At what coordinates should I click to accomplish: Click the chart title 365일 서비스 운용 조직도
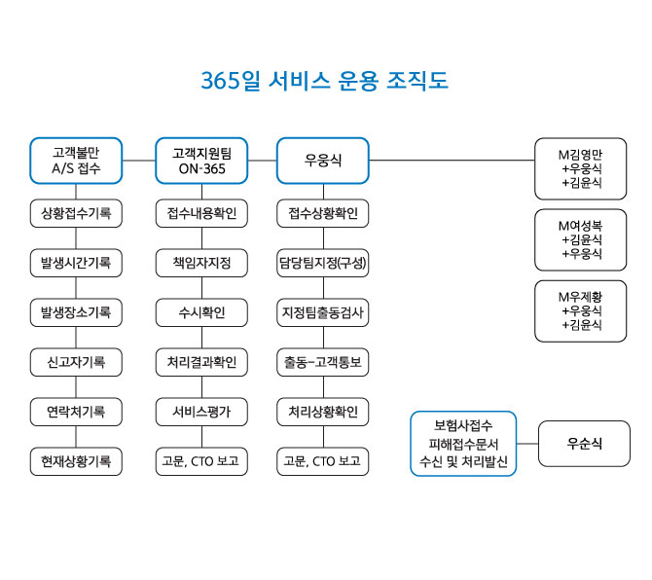(325, 80)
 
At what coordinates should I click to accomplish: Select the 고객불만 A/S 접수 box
(76, 161)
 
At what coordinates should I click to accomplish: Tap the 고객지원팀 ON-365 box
(201, 161)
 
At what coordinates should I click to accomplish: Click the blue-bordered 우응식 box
(323, 161)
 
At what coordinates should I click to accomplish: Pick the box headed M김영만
(581, 168)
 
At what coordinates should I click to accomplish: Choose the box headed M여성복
(581, 239)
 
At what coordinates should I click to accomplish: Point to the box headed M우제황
(581, 310)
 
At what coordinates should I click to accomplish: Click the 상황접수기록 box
(76, 213)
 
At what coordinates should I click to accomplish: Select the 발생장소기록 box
(76, 312)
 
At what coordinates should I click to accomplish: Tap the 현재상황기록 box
(76, 460)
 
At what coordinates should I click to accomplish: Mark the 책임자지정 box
(201, 263)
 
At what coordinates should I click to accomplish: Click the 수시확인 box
(201, 312)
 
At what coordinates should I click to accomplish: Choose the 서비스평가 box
(201, 412)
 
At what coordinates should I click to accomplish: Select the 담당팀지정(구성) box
(323, 263)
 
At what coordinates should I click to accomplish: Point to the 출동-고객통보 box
(323, 362)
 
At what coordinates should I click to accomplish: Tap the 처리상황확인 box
(323, 412)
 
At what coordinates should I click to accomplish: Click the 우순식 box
(584, 444)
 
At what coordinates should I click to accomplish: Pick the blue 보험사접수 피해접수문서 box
(462, 444)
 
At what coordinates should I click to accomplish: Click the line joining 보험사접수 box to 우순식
(526, 444)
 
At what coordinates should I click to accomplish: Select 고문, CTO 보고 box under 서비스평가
(201, 460)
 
